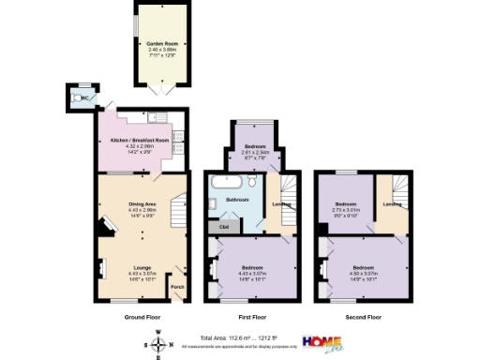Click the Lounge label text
[142, 267]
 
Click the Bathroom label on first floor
[237, 201]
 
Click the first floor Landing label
[279, 203]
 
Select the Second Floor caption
[363, 318]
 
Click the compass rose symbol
[157, 344]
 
